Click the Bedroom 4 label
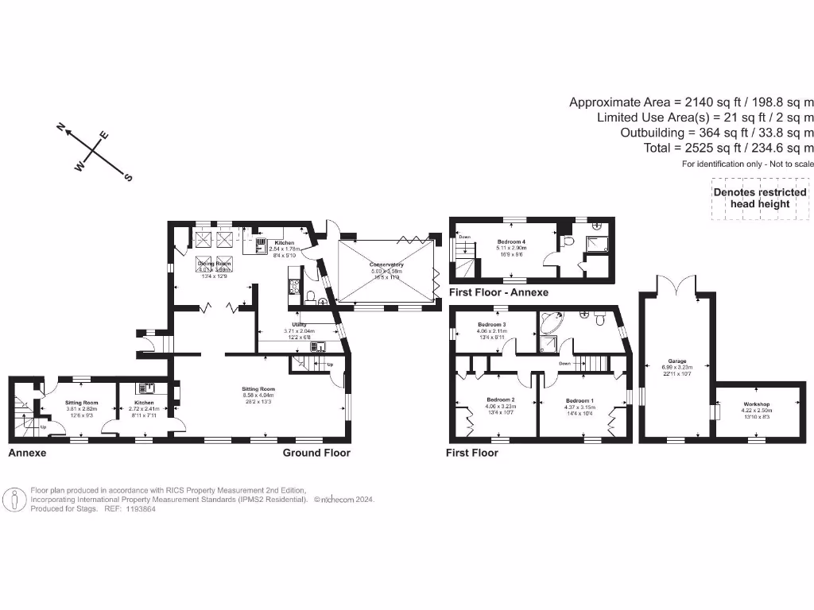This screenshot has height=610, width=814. (510, 241)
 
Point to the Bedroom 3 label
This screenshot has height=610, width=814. (492, 325)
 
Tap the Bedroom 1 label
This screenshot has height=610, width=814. (579, 401)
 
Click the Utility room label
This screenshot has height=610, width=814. (300, 325)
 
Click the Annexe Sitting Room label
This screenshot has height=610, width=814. (81, 403)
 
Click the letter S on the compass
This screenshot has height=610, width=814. (128, 179)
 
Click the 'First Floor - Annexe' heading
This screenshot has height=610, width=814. (498, 293)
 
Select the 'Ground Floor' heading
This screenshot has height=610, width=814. (316, 453)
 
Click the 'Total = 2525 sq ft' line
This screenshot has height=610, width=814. (729, 148)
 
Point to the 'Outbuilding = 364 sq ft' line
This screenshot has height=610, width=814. (717, 133)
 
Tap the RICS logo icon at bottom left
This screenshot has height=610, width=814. (14, 500)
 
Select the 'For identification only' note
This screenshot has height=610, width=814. (748, 164)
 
